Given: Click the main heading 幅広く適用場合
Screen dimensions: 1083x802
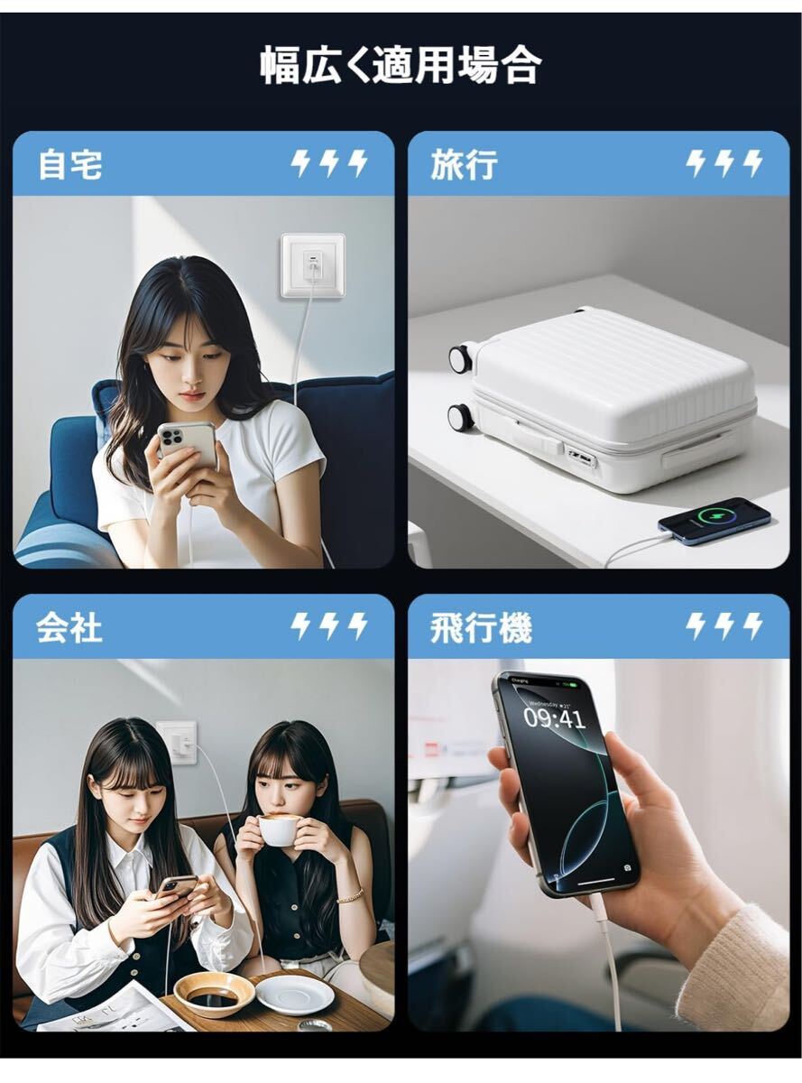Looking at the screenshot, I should click(x=401, y=66).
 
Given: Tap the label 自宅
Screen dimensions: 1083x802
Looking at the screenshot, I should click(x=69, y=165).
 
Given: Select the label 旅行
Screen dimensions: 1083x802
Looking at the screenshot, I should click(x=464, y=165).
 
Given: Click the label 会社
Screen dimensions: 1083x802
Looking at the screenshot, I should click(x=69, y=627).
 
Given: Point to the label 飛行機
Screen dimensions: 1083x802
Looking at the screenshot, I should click(x=481, y=627).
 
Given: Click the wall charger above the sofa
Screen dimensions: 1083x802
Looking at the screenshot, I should click(x=312, y=265).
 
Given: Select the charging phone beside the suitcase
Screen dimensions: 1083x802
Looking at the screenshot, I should click(x=714, y=521).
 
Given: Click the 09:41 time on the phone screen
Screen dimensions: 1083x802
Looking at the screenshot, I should click(x=554, y=718).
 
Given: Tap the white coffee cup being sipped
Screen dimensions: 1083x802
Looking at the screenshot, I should click(x=280, y=829).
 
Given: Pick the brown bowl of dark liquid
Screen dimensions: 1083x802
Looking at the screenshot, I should click(x=214, y=994).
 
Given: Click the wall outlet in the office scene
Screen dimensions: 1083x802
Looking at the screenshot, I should click(x=177, y=742).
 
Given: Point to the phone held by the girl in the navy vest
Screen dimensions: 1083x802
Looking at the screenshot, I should click(x=176, y=886).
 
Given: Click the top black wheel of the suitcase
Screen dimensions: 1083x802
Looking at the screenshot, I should click(x=461, y=358).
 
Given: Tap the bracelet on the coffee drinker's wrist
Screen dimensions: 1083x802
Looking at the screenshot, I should click(x=351, y=896).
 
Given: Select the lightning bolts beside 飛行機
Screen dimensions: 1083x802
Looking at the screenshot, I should click(x=724, y=626).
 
